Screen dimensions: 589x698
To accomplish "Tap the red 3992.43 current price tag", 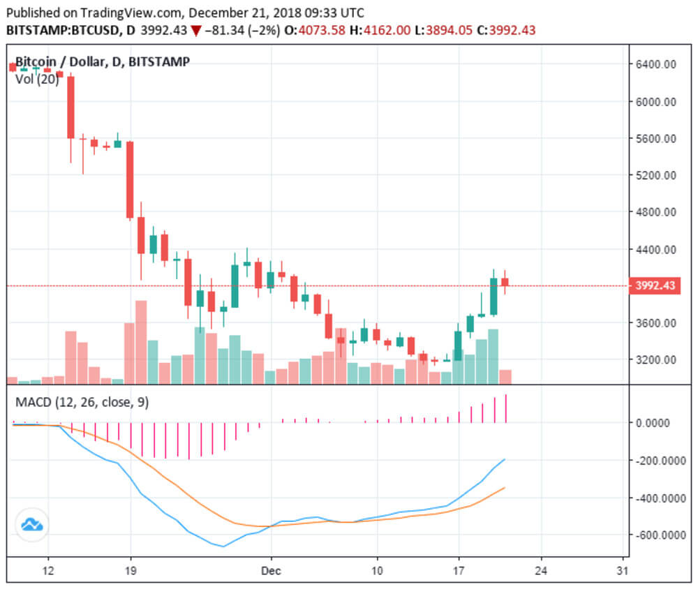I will (655, 285).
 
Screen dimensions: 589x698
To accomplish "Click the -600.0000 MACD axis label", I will (662, 535).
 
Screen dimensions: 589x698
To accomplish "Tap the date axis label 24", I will (541, 570).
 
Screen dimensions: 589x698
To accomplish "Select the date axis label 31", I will (623, 570).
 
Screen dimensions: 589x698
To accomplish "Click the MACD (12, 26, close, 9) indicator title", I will (82, 402).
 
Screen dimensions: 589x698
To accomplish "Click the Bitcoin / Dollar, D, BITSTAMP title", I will (102, 62).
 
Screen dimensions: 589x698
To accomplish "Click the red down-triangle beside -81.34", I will (197, 31).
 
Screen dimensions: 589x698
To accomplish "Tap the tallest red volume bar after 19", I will (141, 342).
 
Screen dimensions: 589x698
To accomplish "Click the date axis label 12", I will (48, 570).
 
